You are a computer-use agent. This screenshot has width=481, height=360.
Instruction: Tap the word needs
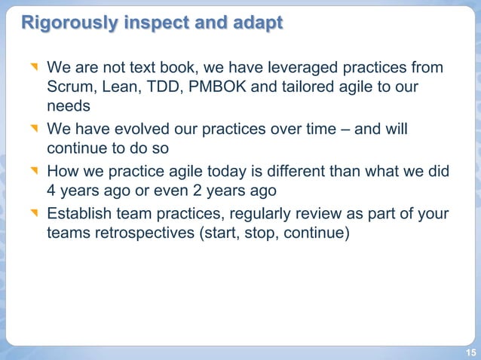(x=68, y=107)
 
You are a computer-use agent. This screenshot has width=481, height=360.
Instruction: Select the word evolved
(x=143, y=129)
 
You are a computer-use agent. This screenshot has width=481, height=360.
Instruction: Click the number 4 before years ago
(x=52, y=191)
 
